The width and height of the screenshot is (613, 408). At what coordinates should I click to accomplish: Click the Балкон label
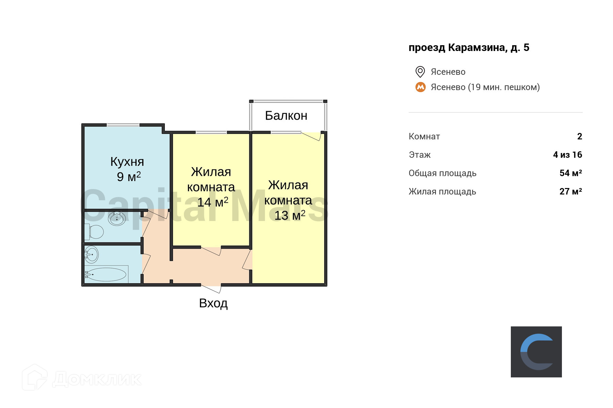click(286, 116)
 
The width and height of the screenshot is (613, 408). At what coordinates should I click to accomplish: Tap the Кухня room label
click(127, 162)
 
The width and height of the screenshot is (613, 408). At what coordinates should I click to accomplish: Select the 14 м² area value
click(213, 202)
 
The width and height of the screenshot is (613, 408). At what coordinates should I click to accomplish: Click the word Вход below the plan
click(213, 303)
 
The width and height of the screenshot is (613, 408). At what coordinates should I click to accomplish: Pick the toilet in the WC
click(95, 232)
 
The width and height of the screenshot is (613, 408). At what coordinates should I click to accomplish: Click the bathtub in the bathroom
click(106, 274)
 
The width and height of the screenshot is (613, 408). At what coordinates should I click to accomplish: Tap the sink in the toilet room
click(117, 218)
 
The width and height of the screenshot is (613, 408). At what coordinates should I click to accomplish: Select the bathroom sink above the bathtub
click(91, 254)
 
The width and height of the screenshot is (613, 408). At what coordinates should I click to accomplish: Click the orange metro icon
click(421, 87)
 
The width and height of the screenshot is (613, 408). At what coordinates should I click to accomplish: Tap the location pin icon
click(420, 72)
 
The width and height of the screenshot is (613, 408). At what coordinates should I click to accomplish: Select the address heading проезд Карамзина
click(469, 48)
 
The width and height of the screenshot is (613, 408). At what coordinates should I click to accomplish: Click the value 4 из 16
click(567, 155)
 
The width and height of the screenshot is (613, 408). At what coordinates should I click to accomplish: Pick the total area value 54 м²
click(570, 173)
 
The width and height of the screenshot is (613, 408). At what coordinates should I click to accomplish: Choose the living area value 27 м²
click(570, 191)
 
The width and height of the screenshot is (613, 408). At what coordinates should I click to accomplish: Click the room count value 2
click(580, 136)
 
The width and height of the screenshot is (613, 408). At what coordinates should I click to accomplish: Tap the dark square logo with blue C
click(536, 352)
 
